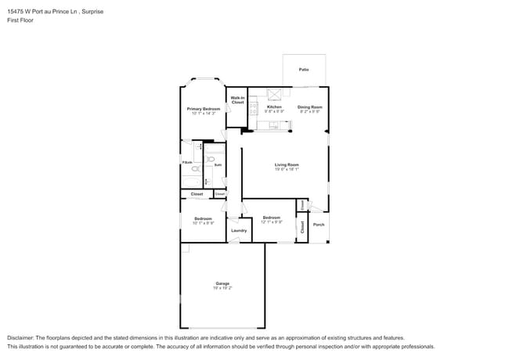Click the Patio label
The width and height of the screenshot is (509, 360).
pos(303,70)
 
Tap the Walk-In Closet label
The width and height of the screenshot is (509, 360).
pos(237,100)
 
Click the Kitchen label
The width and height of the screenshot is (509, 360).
pos(273,106)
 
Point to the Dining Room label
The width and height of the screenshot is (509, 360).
pos(309,106)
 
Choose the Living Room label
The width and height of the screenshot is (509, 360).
pos(287,164)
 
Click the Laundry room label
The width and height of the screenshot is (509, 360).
pos(239,230)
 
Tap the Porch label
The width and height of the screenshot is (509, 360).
pos(318,225)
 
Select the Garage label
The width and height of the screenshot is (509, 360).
pos(222,283)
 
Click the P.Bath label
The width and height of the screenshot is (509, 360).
pos(188,163)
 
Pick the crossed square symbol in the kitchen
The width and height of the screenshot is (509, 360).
pos(275,95)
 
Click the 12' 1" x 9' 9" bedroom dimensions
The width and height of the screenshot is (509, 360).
pos(271,222)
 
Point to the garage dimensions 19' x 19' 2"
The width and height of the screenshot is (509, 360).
pos(222,288)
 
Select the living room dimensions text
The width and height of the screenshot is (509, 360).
pos(287,170)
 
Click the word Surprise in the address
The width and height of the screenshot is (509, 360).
pos(89,13)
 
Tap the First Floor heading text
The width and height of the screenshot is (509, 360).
pos(20,22)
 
